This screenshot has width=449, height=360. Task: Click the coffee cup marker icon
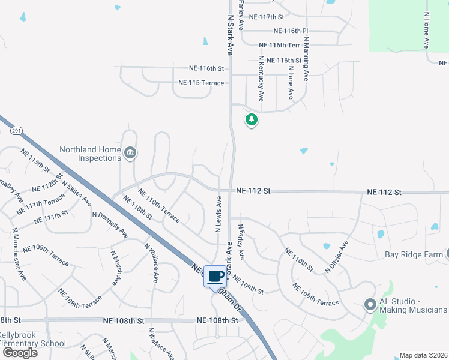[x=215, y=277]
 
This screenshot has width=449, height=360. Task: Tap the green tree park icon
[x=252, y=120]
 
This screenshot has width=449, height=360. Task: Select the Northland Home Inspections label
[x=90, y=154]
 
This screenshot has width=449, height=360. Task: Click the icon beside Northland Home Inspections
[x=130, y=154]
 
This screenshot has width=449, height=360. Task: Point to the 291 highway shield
[x=17, y=130]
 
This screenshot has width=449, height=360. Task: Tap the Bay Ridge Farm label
[x=413, y=254]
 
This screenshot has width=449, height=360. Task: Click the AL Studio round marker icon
[x=370, y=305]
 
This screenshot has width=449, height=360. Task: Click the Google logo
[x=20, y=353]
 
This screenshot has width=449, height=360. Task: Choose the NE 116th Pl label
[x=290, y=31]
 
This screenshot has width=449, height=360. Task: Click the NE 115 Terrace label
[x=201, y=83]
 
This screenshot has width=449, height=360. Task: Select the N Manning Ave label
[x=306, y=59]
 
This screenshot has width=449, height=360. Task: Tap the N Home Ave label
[x=427, y=30]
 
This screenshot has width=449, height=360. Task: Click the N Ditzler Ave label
[x=337, y=257]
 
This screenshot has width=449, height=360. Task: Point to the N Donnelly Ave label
[x=110, y=224]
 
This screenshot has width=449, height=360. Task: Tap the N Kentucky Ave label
[x=261, y=78]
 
